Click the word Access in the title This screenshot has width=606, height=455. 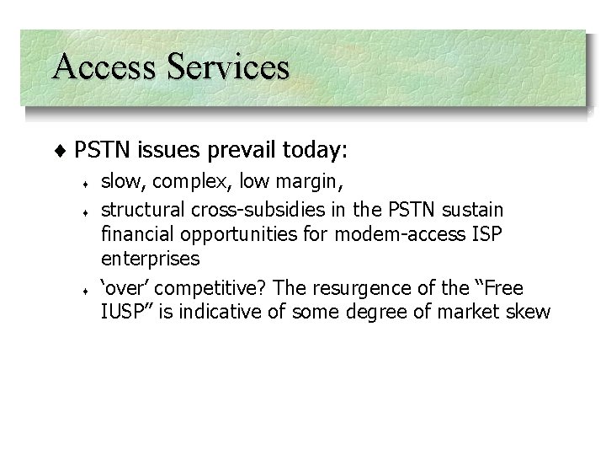pyautogui.click(x=99, y=67)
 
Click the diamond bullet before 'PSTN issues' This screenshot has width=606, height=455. pyautogui.click(x=65, y=151)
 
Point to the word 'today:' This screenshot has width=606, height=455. pyautogui.click(x=316, y=151)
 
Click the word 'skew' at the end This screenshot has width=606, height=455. pyautogui.click(x=532, y=313)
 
